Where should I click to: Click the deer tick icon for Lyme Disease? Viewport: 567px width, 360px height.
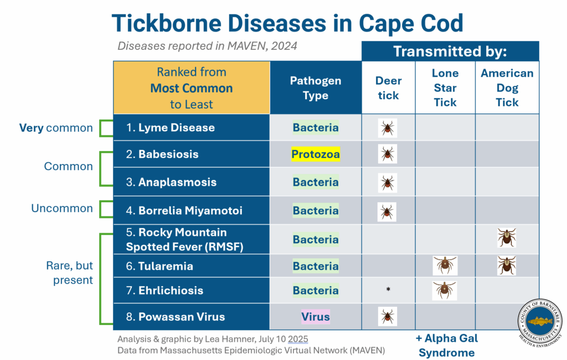[x=388, y=128]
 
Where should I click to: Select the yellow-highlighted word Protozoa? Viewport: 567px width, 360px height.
[x=316, y=155]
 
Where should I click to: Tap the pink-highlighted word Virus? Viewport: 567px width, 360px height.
[x=316, y=317]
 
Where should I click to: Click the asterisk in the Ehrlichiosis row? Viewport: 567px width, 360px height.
[x=388, y=290]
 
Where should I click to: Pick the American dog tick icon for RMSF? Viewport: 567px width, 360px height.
[x=507, y=238]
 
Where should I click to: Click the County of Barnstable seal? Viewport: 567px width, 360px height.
[x=540, y=323]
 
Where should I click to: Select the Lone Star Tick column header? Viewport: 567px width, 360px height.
[x=445, y=88]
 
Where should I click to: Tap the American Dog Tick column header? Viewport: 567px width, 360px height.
[x=507, y=88]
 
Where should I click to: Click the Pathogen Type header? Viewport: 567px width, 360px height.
[x=316, y=88]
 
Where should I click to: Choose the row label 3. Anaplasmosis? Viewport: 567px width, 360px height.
[x=171, y=182]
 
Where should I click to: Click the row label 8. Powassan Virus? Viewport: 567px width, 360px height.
[x=175, y=317]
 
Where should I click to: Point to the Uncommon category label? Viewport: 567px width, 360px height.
[x=62, y=208]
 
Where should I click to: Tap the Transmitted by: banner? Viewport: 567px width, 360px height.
[x=450, y=52]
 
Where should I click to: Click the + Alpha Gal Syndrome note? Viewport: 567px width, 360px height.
[x=446, y=345]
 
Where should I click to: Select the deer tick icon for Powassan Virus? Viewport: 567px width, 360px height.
[x=388, y=317]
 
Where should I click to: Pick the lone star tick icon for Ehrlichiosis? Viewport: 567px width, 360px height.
[x=445, y=290]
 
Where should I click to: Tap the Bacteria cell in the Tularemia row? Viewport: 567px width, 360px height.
[x=316, y=266]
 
